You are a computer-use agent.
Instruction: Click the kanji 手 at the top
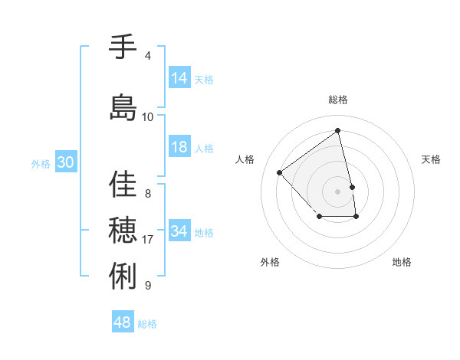pos(123,47)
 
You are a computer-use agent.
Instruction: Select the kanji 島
pos(123,107)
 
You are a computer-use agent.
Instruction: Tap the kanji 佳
pos(123,185)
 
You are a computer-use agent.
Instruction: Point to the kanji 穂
pos(123,231)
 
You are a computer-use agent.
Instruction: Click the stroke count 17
pos(148,240)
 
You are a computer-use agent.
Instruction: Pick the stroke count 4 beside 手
pos(148,56)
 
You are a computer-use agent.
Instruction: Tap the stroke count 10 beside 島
pos(148,117)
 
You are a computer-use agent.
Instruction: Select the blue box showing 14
pos(179,78)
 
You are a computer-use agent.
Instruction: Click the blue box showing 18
pos(179,148)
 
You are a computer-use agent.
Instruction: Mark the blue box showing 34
pos(179,231)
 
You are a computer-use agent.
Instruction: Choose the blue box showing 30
pos(65,163)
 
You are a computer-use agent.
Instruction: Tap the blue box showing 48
pos(123,322)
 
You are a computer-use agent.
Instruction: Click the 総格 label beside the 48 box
pos(147,324)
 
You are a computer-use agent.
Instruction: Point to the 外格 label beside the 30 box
pos(41,164)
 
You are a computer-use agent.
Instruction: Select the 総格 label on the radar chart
pos(338,100)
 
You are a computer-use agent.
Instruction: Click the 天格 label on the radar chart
pos(431,159)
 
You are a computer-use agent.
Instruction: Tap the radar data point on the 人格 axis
pos(280,172)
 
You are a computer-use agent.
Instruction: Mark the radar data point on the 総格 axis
pos(338,130)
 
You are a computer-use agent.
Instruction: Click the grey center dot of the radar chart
pos(338,191)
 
